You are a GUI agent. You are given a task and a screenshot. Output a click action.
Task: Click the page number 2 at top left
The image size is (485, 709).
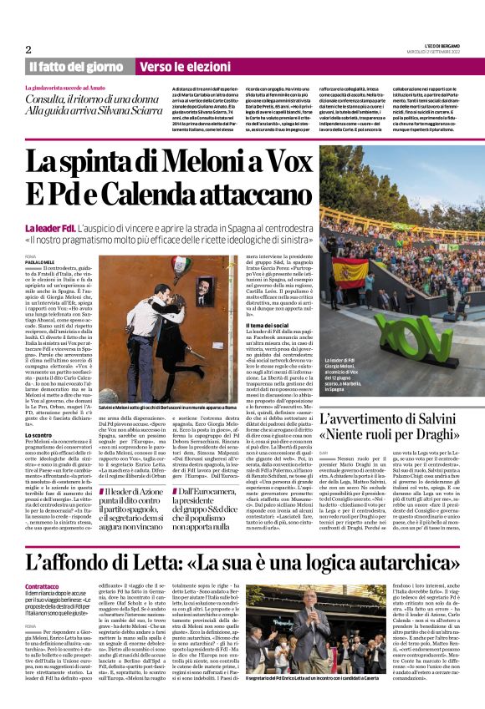tap(28, 49)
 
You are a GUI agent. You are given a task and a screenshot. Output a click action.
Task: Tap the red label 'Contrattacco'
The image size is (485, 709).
tap(43, 586)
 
